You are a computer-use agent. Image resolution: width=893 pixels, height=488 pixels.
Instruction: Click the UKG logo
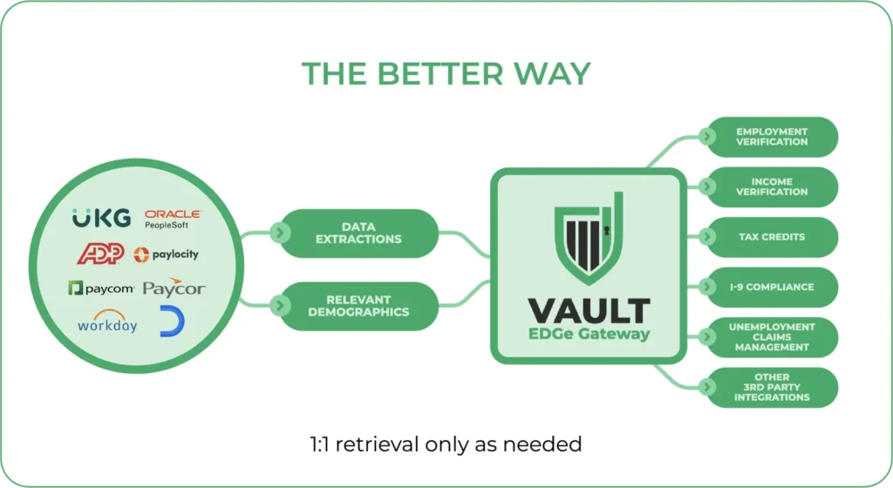[x=101, y=218]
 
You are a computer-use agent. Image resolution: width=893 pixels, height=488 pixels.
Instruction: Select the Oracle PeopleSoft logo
[x=172, y=219]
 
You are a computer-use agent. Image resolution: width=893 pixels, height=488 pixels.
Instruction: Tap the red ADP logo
[x=101, y=254]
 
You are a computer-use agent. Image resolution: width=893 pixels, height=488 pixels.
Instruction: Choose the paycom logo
[x=100, y=288]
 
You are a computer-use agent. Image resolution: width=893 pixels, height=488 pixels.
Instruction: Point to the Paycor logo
[x=174, y=288]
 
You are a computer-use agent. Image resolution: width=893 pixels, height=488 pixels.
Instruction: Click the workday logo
[x=107, y=322]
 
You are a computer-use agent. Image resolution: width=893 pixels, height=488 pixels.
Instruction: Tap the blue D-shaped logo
[x=172, y=322]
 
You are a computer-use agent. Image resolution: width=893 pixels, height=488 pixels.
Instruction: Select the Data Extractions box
[x=358, y=233]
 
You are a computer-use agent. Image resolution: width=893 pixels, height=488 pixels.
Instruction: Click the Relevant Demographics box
[x=358, y=306]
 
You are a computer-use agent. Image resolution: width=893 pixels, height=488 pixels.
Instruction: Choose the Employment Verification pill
[x=770, y=137]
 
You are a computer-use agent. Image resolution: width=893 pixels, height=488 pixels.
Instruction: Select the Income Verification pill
[x=770, y=186]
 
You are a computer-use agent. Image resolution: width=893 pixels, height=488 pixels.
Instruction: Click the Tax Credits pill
[x=770, y=237]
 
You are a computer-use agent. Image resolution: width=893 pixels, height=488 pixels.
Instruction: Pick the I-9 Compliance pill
[x=770, y=287]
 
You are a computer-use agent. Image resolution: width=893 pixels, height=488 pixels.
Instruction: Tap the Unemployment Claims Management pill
[x=770, y=337]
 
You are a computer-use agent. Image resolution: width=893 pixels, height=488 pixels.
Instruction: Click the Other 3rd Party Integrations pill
[x=770, y=387]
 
